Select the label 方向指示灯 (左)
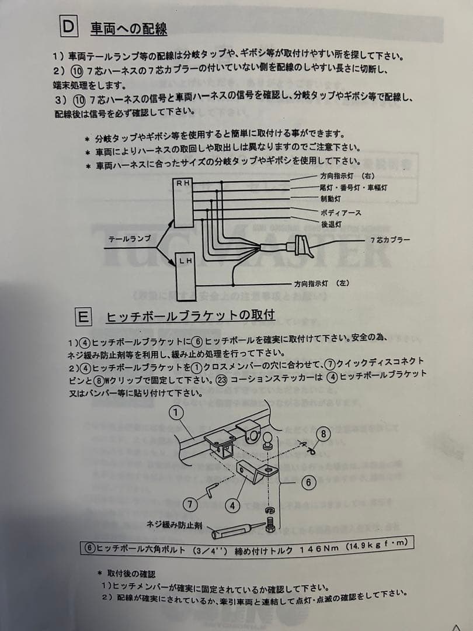coord(322,283)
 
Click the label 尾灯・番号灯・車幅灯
coord(353,188)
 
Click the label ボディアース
coord(341,213)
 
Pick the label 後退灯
coord(331,224)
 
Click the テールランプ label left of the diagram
coord(130,240)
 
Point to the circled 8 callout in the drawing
coord(325,434)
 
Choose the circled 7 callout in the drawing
coord(190,503)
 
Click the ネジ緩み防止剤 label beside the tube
coord(174,525)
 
